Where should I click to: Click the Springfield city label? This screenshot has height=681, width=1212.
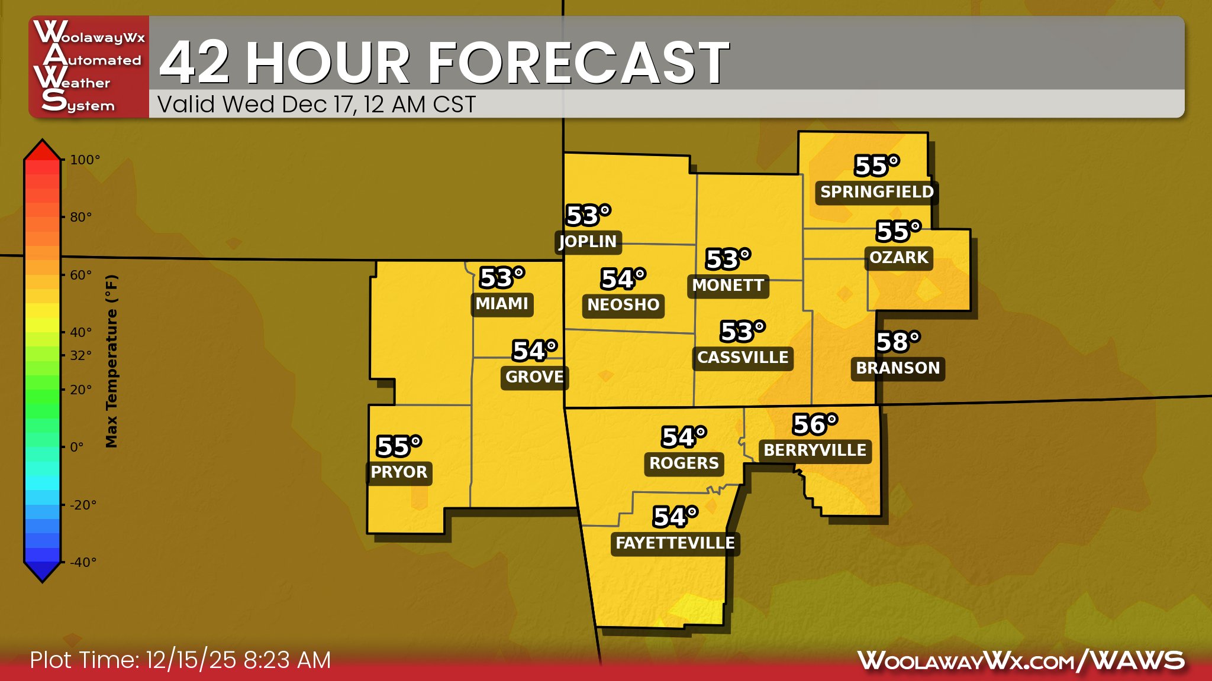(x=876, y=192)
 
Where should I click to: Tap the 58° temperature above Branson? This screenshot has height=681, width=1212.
(x=898, y=342)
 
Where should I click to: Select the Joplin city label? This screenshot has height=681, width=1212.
(x=588, y=241)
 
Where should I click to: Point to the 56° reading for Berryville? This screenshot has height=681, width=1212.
(x=815, y=424)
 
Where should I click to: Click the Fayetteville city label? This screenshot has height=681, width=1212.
(x=675, y=543)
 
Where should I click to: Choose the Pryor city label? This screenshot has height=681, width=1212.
(x=399, y=472)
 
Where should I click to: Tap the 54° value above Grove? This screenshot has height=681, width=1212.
(x=534, y=351)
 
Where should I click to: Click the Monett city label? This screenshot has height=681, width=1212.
(x=728, y=286)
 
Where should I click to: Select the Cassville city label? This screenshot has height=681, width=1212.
(x=743, y=358)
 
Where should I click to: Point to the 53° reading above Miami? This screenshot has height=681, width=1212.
(x=502, y=278)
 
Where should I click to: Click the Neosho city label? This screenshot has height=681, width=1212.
(x=623, y=305)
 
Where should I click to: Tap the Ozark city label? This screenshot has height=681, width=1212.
(x=898, y=258)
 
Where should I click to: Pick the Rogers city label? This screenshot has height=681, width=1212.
(x=684, y=463)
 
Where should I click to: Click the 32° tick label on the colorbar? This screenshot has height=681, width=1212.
(x=81, y=355)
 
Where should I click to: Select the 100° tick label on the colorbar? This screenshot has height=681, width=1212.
(x=85, y=160)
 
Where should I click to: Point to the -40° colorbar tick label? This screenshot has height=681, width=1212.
(x=83, y=562)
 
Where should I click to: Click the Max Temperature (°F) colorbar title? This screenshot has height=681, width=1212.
(x=111, y=361)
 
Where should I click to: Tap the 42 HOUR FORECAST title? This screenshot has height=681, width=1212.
(x=444, y=62)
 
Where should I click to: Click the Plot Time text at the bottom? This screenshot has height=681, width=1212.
(x=180, y=660)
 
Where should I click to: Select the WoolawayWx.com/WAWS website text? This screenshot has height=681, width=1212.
(x=1021, y=660)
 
